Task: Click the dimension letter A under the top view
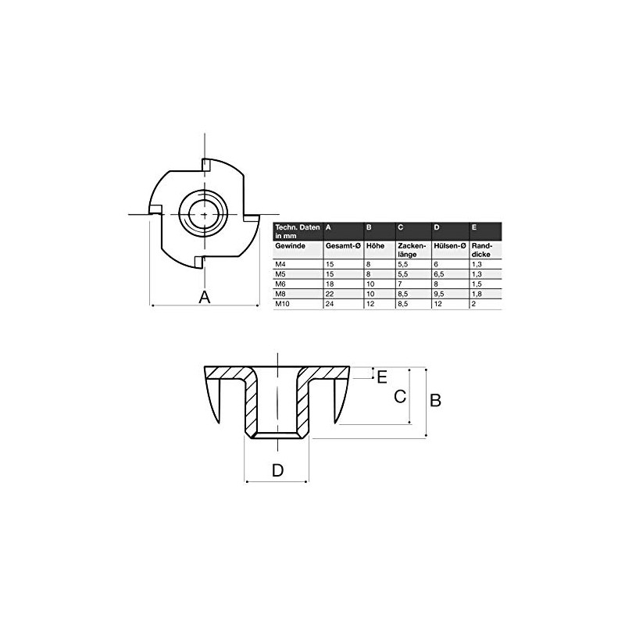205,298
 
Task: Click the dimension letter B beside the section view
437,400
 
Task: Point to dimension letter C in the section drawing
398,397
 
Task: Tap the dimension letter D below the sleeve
277,470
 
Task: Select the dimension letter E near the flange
382,377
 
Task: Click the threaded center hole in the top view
203,212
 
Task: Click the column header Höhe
374,245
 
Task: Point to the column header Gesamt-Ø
341,245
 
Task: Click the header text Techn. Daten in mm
295,230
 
